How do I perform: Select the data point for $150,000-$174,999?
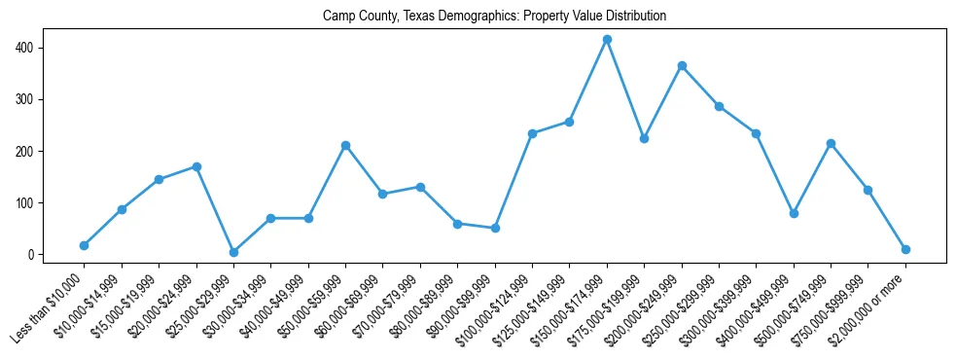(607, 40)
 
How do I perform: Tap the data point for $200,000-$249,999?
(682, 66)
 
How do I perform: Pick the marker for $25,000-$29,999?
(233, 252)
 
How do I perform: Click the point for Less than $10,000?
(84, 245)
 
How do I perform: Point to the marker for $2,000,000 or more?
(905, 249)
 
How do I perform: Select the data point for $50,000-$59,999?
(345, 146)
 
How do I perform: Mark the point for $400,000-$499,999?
(794, 213)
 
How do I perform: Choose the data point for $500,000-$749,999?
(831, 144)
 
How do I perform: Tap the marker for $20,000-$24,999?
(196, 166)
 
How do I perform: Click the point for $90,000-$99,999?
(495, 228)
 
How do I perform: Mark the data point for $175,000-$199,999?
(644, 138)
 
